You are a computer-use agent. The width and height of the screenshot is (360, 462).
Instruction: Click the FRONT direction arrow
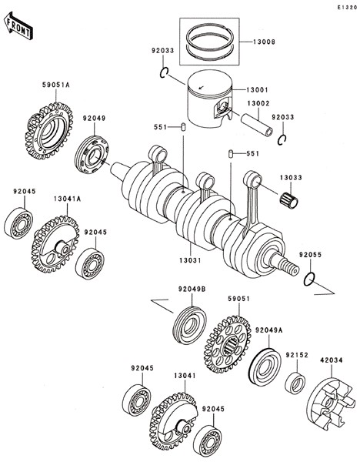click(18, 26)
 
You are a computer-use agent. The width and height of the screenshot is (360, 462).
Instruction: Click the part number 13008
click(264, 42)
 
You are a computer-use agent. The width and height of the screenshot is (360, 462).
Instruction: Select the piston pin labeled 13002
click(257, 126)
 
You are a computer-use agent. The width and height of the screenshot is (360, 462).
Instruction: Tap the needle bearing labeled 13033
click(288, 201)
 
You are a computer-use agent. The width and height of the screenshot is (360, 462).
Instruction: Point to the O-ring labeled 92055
click(309, 279)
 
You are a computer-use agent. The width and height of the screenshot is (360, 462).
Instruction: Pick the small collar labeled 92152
click(295, 383)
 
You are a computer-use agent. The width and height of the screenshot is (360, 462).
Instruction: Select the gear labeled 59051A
click(49, 131)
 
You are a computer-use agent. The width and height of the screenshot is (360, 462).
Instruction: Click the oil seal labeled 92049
click(92, 155)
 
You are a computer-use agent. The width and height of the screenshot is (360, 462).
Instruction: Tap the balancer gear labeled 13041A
click(55, 244)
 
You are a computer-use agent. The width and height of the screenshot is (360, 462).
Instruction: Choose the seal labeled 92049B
click(189, 325)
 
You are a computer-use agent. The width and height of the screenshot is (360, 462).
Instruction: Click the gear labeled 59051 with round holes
click(227, 344)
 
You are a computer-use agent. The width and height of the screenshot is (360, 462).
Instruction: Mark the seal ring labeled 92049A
click(265, 367)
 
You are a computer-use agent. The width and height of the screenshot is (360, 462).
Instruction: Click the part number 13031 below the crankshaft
click(190, 260)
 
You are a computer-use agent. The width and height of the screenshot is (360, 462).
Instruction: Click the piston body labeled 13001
click(209, 99)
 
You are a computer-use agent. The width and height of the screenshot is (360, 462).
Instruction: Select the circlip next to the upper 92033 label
click(164, 73)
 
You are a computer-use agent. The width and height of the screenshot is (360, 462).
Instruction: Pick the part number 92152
click(297, 355)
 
